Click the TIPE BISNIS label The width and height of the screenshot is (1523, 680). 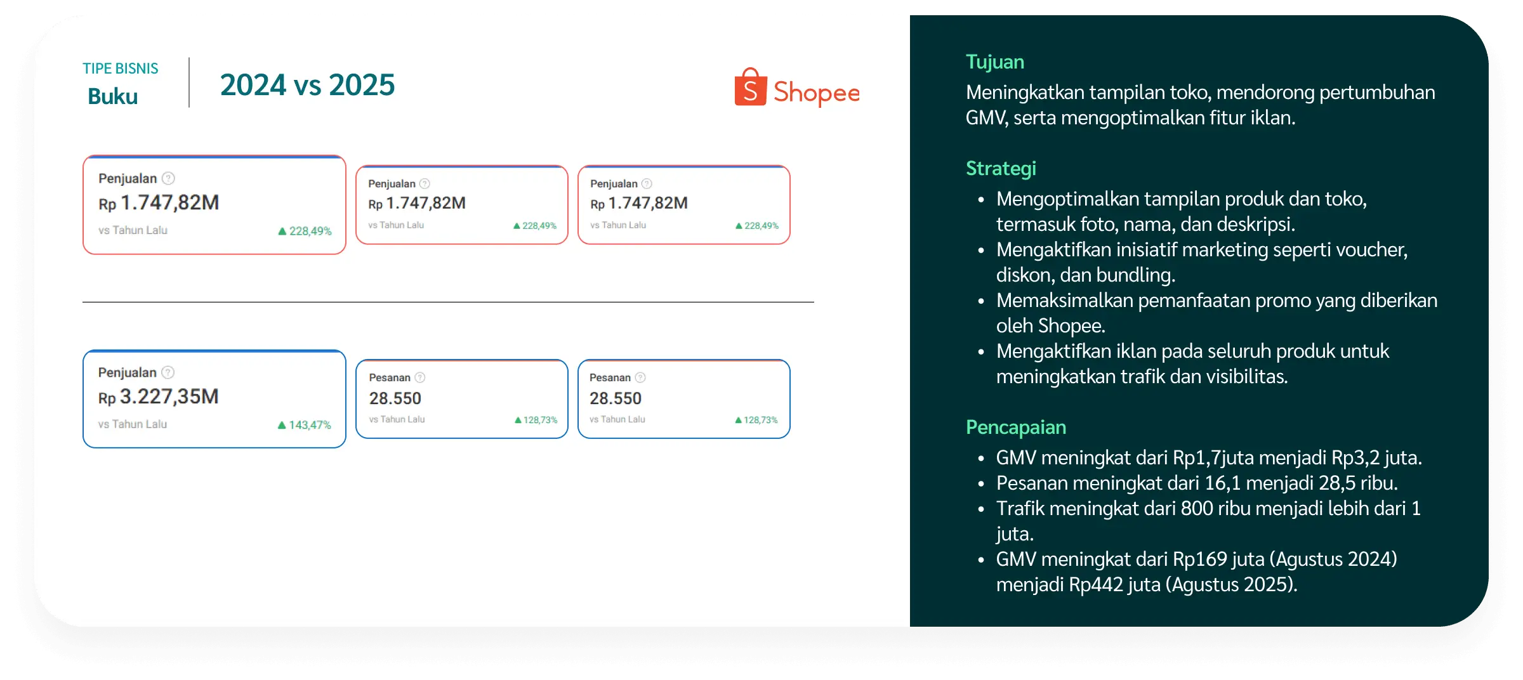click(x=120, y=69)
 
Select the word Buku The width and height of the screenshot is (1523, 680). click(x=113, y=96)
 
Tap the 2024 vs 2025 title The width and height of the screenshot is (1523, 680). click(x=307, y=85)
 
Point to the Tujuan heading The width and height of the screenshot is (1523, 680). click(x=994, y=62)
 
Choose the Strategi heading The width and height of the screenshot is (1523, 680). click(x=1001, y=169)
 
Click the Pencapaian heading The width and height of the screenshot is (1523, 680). click(x=1015, y=428)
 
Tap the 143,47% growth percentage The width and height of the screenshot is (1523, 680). click(x=310, y=425)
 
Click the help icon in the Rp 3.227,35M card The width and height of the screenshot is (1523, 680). click(x=168, y=372)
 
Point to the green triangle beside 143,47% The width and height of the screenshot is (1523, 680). click(x=282, y=425)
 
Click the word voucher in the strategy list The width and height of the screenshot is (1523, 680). click(x=1371, y=250)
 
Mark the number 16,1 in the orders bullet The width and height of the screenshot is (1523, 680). click(x=1222, y=483)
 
